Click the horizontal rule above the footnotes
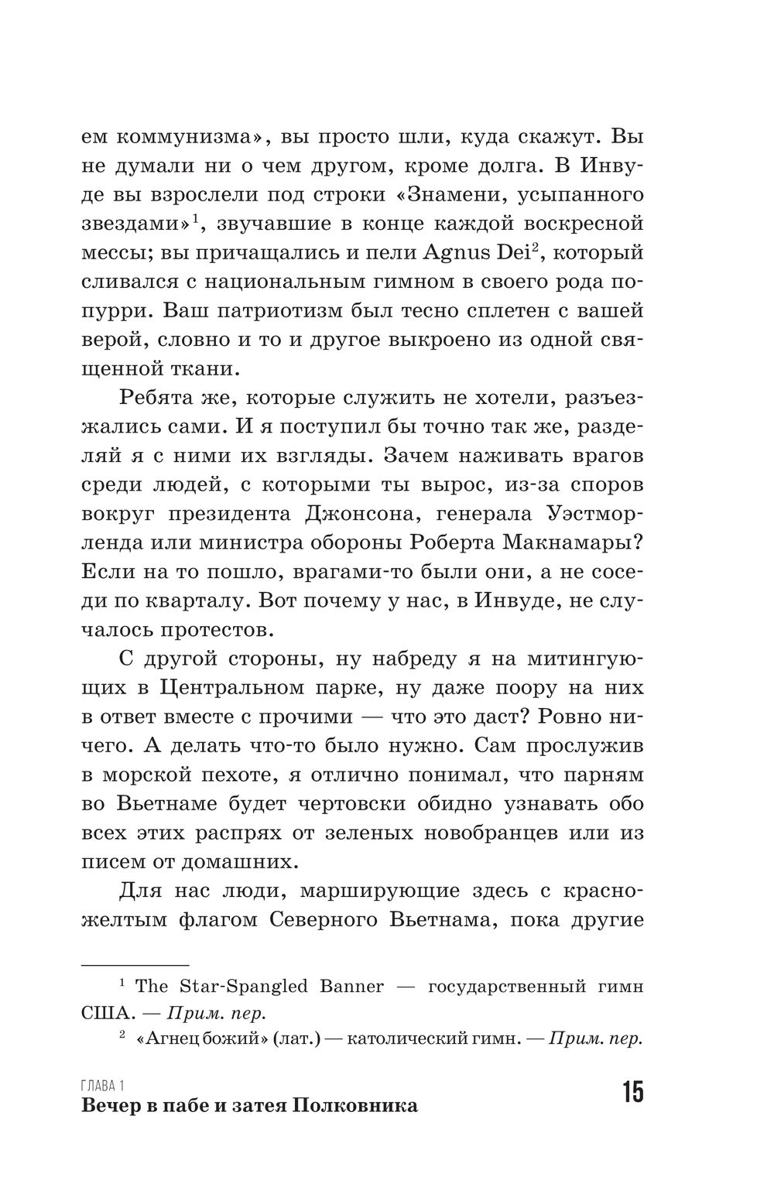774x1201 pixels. click(x=135, y=965)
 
